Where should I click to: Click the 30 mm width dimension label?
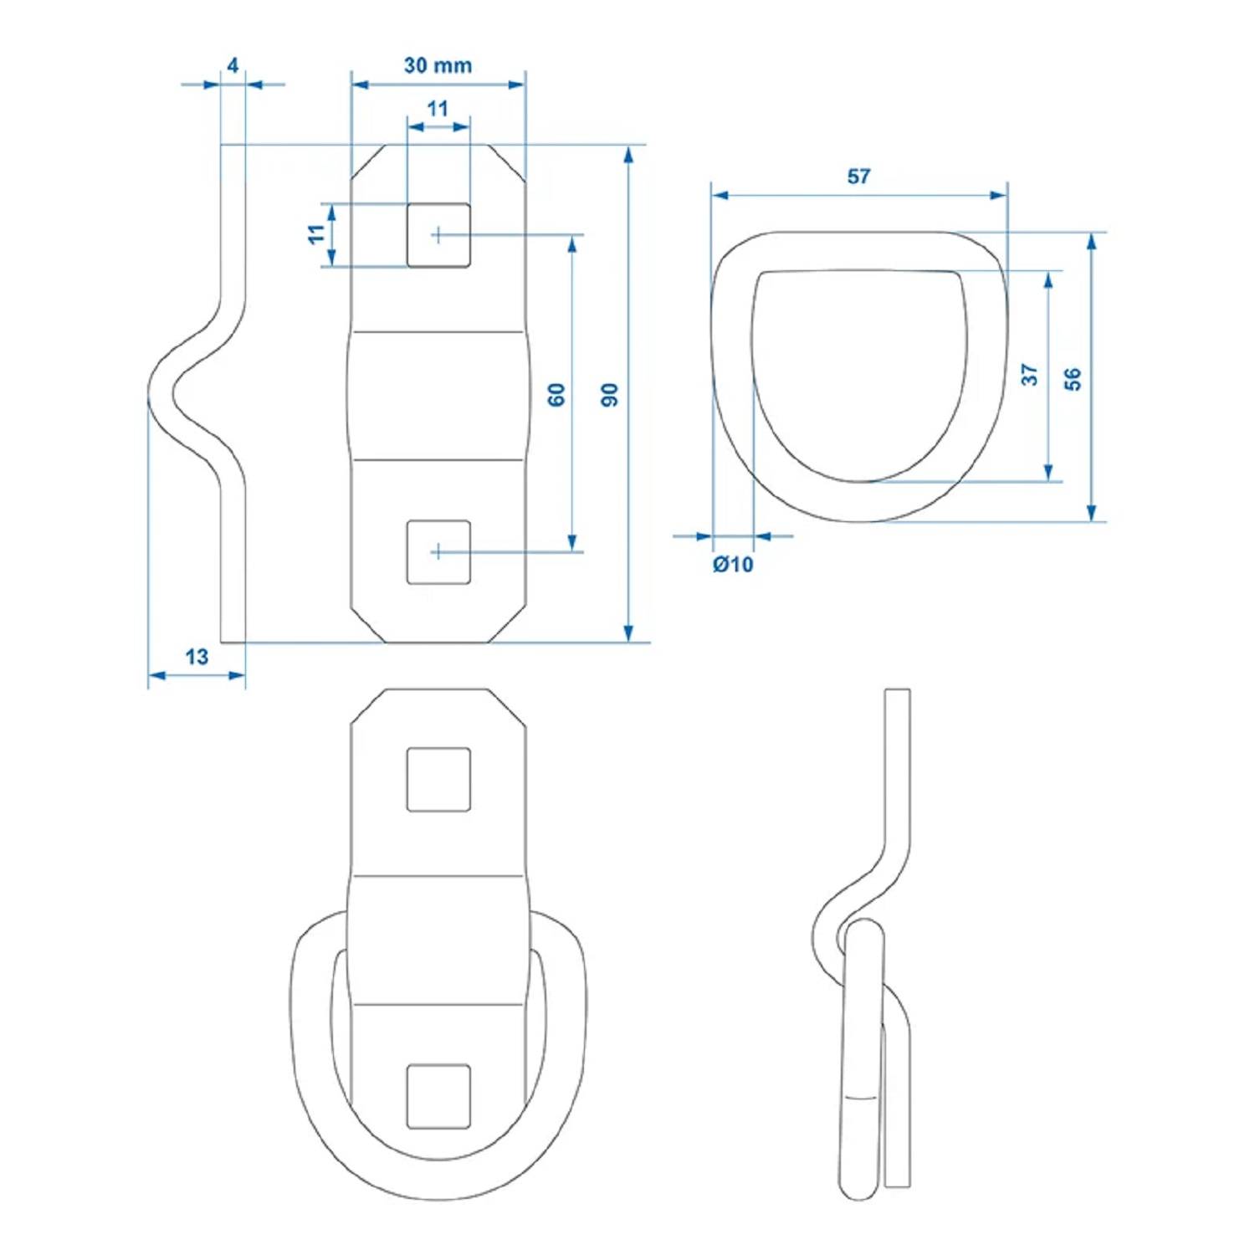pos(438,65)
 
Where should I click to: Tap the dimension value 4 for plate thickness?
pos(233,65)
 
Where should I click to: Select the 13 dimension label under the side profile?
pos(197,657)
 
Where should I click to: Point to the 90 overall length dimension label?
pos(610,394)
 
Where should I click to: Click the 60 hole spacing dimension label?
pos(556,394)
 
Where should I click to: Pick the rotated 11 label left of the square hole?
pos(316,233)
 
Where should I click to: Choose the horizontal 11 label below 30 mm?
pos(438,109)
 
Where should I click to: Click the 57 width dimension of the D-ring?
pos(858,177)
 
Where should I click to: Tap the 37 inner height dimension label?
pos(1029,374)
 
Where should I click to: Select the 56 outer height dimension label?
pos(1073,379)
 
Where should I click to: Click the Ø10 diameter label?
pos(733,565)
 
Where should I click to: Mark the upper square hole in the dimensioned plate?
pos(438,235)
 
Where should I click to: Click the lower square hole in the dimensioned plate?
pos(438,552)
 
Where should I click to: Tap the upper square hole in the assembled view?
pos(438,780)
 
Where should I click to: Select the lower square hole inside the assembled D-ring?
pos(438,1097)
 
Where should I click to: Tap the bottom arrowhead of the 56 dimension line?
pos(1092,513)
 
